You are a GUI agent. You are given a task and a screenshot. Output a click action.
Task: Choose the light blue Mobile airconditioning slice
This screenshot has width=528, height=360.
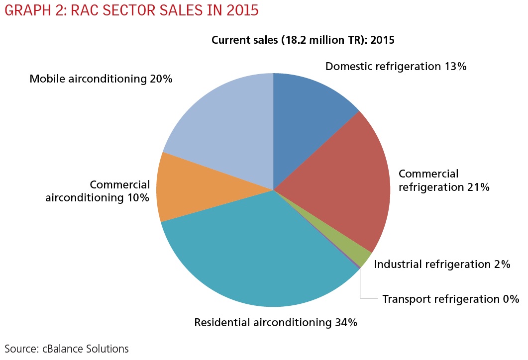pyautogui.click(x=224, y=129)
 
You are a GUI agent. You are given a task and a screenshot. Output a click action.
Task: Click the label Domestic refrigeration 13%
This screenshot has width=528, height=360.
pyautogui.click(x=395, y=67)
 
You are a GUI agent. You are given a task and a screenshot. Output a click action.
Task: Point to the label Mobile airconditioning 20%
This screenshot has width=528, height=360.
pyautogui.click(x=101, y=79)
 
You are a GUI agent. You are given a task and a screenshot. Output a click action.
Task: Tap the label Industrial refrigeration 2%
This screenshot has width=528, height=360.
pyautogui.click(x=442, y=264)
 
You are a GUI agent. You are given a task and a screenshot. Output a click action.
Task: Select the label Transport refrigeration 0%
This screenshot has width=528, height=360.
pyautogui.click(x=451, y=299)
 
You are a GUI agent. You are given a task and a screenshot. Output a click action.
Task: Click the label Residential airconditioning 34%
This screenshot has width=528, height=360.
pyautogui.click(x=276, y=322)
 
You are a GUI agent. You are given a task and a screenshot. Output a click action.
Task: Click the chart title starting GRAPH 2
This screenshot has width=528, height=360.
pyautogui.click(x=131, y=10)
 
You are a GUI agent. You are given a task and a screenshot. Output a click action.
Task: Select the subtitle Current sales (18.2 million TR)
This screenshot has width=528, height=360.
pyautogui.click(x=303, y=40)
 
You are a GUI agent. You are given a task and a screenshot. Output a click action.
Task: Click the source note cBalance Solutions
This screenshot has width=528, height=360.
pyautogui.click(x=67, y=349)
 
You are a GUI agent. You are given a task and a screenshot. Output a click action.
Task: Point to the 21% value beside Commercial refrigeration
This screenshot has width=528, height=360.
pyautogui.click(x=477, y=187)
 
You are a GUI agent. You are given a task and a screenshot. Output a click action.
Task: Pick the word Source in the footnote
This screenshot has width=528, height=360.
pyautogui.click(x=19, y=349)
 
